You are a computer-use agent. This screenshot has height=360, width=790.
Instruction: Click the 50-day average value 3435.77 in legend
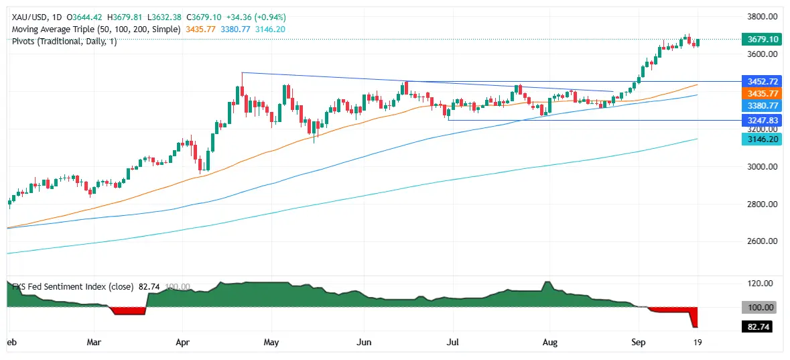(x=199, y=29)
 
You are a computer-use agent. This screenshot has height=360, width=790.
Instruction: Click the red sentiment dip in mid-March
(x=127, y=311)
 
